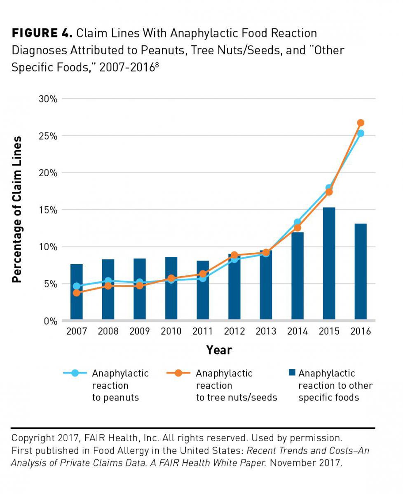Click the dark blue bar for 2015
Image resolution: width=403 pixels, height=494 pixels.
click(329, 263)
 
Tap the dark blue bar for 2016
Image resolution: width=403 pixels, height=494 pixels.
click(361, 272)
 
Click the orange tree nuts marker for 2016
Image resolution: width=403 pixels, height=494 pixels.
click(361, 123)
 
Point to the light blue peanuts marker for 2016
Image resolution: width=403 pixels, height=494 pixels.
click(361, 133)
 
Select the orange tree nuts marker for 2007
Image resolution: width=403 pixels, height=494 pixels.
click(77, 293)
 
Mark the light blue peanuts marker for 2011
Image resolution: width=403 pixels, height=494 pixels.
click(203, 279)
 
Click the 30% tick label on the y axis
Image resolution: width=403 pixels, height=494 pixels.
click(48, 99)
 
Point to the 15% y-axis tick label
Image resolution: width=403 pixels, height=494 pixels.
click(48, 210)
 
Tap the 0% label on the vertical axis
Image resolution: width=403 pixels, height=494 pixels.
click(51, 321)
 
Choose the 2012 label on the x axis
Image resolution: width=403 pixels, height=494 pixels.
click(234, 331)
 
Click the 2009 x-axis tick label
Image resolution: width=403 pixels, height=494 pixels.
click(139, 331)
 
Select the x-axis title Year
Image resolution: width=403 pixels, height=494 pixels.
click(219, 350)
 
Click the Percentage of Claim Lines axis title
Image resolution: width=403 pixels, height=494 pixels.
click(17, 210)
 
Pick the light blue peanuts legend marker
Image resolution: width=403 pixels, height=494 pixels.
click(75, 373)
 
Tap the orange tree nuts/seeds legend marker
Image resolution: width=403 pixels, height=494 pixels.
click(178, 373)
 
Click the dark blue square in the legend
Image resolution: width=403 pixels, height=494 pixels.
click(292, 373)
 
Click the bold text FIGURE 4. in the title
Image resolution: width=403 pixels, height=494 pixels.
click(42, 33)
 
